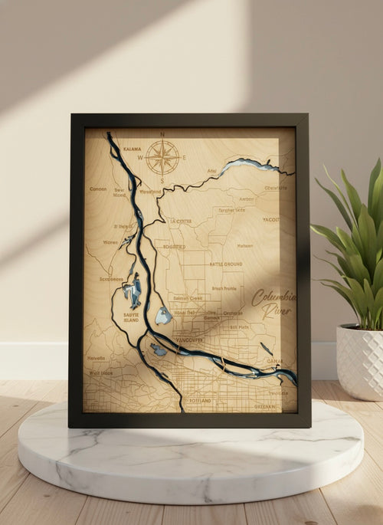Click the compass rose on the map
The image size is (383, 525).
162,157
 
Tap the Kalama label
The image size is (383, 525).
132,149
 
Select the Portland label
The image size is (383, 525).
198,400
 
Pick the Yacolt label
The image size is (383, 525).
271,219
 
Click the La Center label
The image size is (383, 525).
182,221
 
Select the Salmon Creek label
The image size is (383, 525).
187,298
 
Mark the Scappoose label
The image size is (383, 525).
112,279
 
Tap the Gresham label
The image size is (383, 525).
264,407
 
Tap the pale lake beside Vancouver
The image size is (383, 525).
163,315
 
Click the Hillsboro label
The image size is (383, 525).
97,358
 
